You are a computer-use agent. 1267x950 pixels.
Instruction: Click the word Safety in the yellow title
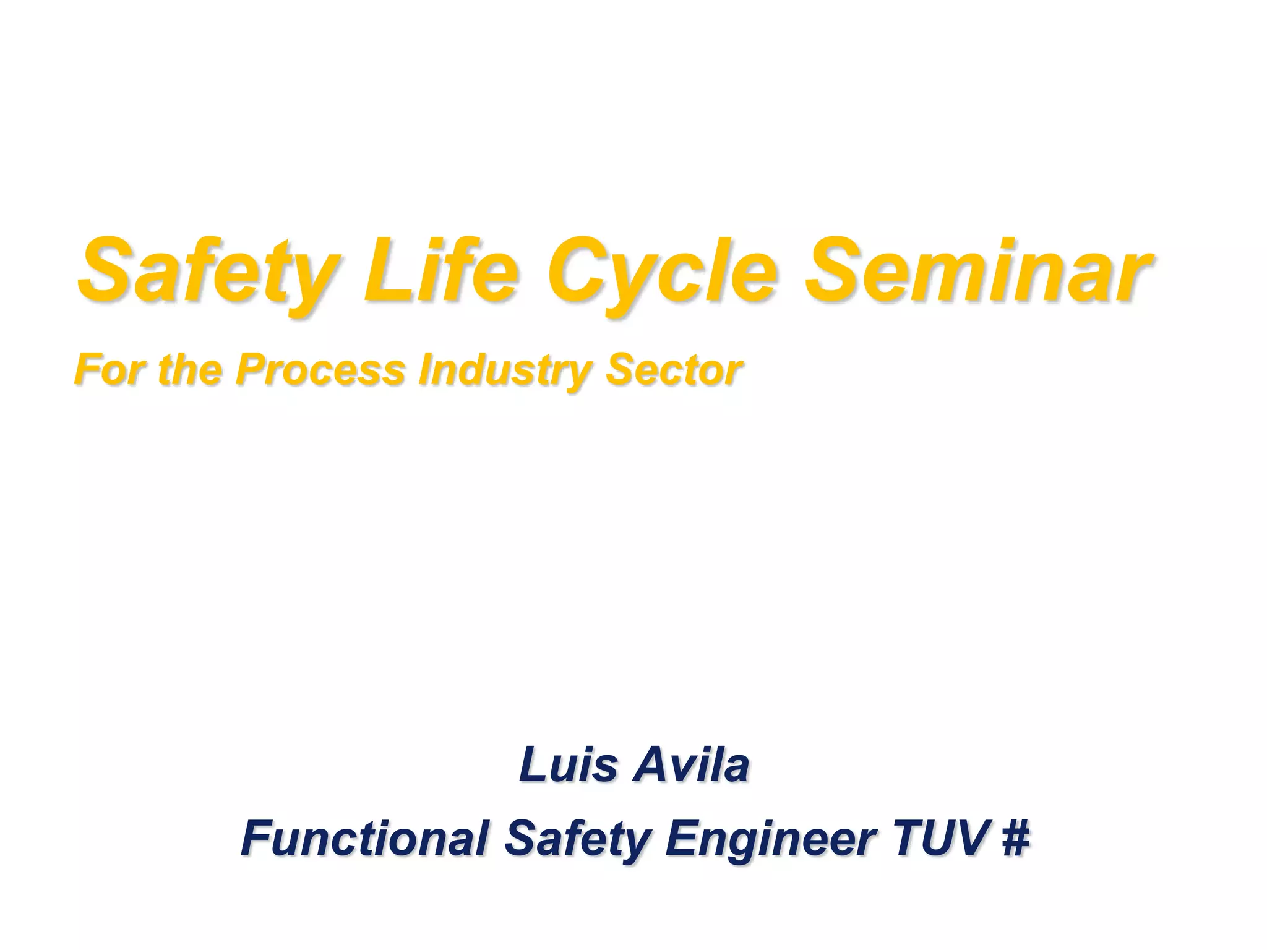(207, 272)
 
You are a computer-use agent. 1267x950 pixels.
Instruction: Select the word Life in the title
(440, 272)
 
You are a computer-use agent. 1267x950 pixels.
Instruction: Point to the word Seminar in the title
(977, 272)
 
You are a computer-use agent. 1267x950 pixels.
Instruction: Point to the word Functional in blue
(365, 837)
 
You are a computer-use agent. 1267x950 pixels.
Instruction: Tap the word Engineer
(770, 837)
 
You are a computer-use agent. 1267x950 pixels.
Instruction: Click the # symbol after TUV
(1015, 837)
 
